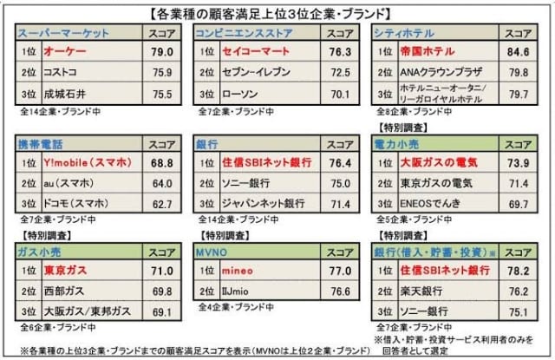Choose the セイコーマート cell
[251, 53]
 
